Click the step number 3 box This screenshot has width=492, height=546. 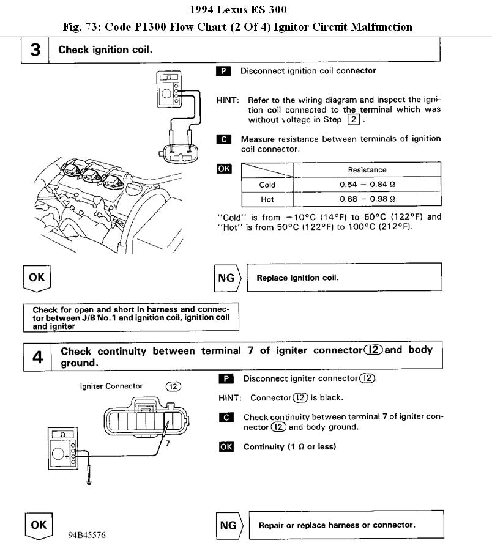tap(35, 50)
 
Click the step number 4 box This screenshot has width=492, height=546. tap(37, 356)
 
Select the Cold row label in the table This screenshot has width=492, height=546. tap(267, 185)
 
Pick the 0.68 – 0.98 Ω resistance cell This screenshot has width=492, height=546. tap(367, 199)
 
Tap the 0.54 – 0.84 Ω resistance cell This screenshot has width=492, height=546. tap(367, 185)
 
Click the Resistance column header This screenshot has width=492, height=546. tap(367, 170)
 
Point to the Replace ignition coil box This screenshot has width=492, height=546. tap(344, 278)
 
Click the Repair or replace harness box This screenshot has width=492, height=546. tap(345, 525)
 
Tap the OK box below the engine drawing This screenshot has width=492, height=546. tap(37, 277)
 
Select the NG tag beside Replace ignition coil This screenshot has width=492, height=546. tap(227, 278)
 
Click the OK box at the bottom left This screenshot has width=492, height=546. tap(38, 525)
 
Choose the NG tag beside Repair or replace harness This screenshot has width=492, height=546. tap(228, 525)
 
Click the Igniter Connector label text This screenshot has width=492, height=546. tap(111, 386)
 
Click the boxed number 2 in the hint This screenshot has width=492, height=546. tap(356, 120)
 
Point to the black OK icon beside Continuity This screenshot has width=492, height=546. tap(226, 447)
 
